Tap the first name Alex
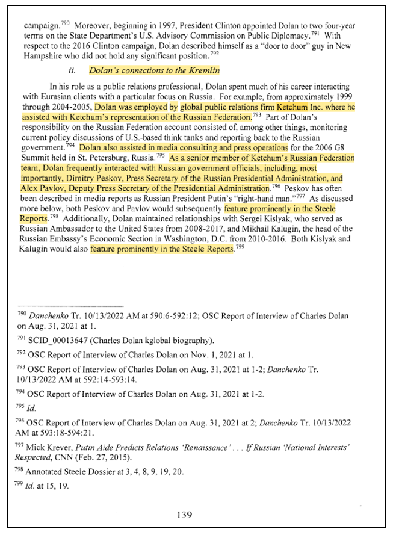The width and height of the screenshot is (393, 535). point(32,188)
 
